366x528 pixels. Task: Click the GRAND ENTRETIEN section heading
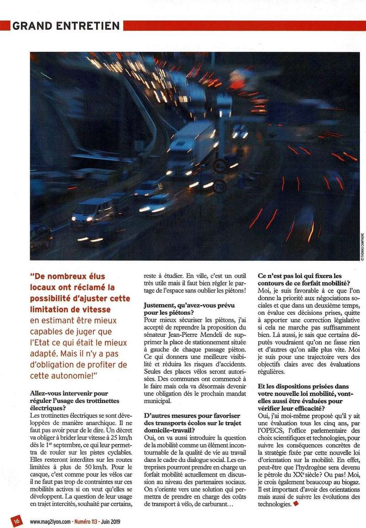coord(66,26)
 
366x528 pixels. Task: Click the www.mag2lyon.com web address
coord(51,521)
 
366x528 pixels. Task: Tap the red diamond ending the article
coord(296,505)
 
